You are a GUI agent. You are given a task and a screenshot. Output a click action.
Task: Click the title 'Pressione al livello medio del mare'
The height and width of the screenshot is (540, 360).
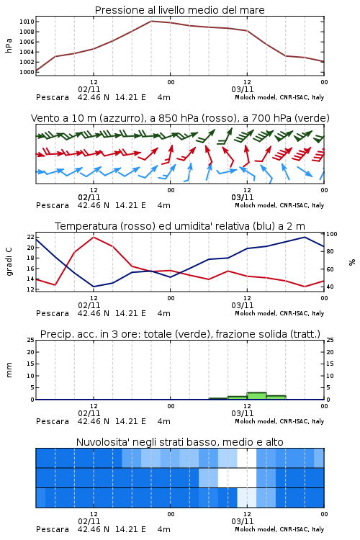coord(179,10)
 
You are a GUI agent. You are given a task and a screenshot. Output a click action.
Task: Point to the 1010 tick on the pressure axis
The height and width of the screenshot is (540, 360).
coord(27,22)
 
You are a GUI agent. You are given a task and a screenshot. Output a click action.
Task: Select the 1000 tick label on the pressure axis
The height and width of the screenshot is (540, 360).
coord(27,72)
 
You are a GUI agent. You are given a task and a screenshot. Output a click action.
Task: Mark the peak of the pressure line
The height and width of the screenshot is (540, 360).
coord(151,21)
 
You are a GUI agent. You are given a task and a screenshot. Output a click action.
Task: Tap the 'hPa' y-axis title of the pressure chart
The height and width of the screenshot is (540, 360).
coord(9,45)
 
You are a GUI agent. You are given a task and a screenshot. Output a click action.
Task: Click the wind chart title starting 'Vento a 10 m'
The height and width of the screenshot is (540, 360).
coord(180,118)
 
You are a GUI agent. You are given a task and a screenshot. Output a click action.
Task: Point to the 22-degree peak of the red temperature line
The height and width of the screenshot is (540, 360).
coord(94,237)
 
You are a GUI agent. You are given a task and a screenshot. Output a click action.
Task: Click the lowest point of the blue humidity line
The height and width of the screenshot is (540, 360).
coord(94,287)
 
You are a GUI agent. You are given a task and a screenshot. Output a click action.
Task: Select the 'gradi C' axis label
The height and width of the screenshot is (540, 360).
coord(9,261)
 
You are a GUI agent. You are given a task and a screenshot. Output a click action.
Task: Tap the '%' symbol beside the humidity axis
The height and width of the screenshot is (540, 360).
coord(352,262)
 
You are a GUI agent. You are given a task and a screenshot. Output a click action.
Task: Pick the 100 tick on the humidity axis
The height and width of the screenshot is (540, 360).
coord(332,234)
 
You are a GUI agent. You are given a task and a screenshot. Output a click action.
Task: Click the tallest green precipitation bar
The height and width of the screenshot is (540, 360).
coord(256,396)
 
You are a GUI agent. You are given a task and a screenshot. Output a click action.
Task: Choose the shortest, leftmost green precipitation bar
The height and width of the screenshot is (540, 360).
coord(218,399)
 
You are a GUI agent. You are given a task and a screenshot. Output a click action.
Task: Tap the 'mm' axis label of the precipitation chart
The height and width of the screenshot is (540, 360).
coord(9,369)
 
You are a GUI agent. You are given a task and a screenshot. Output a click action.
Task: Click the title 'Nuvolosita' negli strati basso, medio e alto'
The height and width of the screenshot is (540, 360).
coord(179,442)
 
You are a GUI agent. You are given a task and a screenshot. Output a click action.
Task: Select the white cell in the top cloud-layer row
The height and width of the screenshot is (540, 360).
coord(247,458)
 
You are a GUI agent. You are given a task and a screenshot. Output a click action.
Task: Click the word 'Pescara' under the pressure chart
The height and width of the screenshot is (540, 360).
coord(53,97)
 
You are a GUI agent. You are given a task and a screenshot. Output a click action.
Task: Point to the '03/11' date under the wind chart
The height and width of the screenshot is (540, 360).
coord(243,197)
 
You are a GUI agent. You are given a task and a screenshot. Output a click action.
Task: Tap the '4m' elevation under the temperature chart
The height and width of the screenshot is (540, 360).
coord(163,313)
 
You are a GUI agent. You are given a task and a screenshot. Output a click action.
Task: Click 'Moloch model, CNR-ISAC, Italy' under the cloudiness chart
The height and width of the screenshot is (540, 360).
coord(279,529)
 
